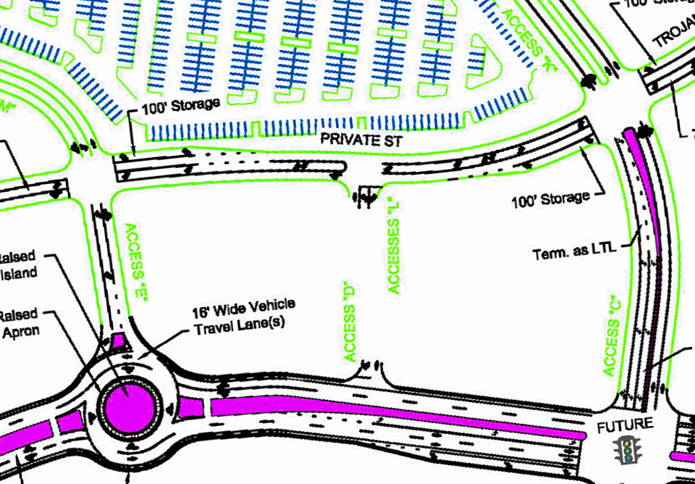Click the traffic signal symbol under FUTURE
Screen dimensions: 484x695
click(627, 451)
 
